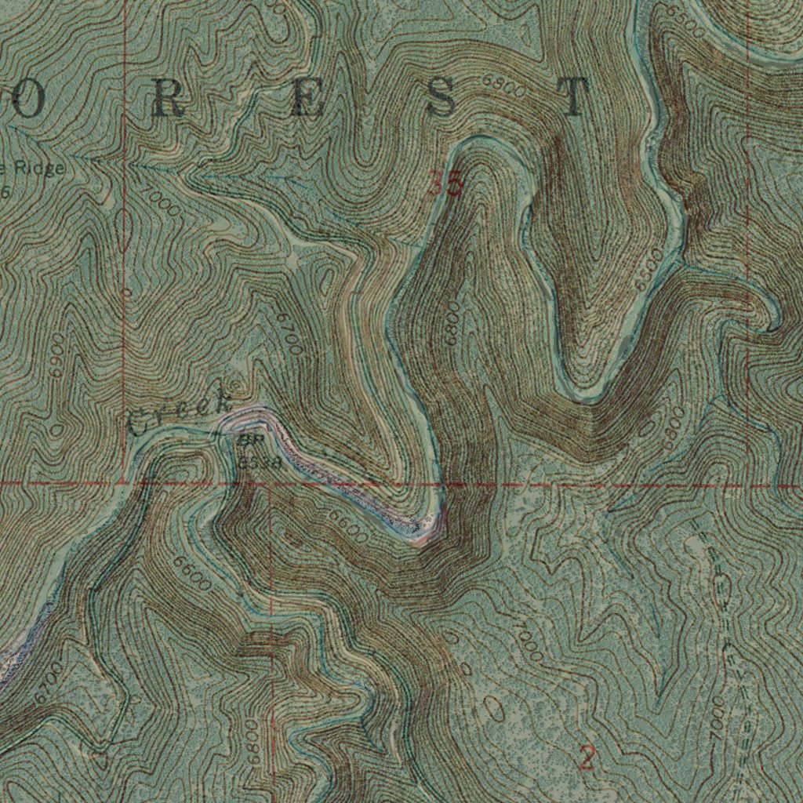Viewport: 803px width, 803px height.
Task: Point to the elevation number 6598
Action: click(x=259, y=462)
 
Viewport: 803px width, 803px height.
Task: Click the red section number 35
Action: click(x=445, y=184)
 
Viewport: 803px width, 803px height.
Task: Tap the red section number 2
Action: click(x=587, y=758)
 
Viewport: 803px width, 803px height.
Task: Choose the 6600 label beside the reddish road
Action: click(x=347, y=526)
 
